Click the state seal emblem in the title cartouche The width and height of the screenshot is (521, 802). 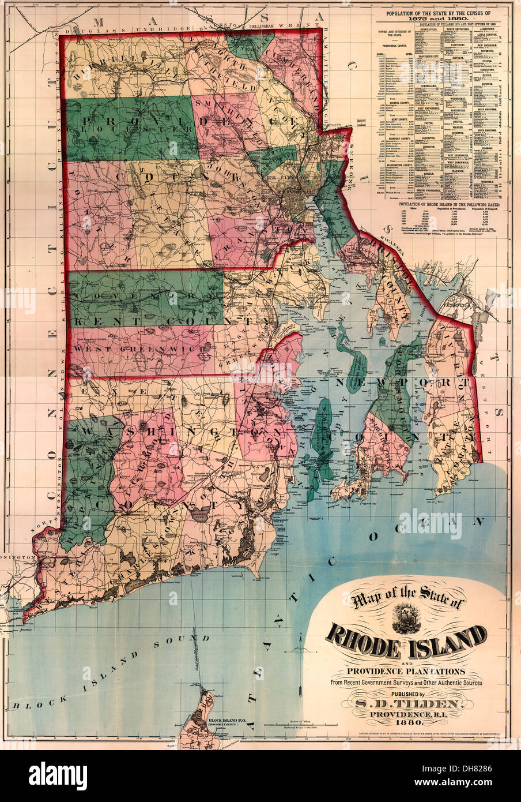pyautogui.click(x=407, y=616)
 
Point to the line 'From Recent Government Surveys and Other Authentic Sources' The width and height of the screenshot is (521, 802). pyautogui.click(x=406, y=683)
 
